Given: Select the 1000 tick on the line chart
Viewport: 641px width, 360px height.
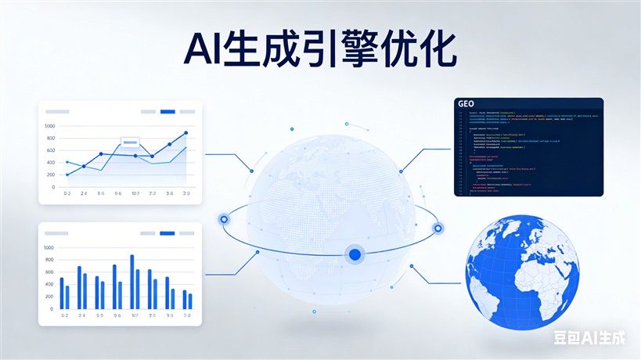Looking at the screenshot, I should (50, 126).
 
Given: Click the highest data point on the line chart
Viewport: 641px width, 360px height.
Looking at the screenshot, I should (185, 133).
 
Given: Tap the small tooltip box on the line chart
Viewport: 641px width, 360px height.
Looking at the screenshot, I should (130, 143).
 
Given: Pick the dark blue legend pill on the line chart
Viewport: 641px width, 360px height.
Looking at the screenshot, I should (167, 112).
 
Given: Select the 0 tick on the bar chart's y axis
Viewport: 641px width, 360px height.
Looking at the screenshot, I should (52, 309).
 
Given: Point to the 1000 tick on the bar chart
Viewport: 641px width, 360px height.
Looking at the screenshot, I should (49, 248).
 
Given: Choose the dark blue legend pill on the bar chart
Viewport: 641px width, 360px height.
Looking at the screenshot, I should (167, 233).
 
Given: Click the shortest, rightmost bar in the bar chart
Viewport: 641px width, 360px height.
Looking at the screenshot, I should (189, 301).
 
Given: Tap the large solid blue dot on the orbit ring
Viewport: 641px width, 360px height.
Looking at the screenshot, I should (355, 254).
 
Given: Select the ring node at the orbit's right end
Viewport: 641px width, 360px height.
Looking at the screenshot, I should (438, 228).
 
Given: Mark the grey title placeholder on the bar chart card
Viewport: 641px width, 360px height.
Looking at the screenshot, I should (57, 233).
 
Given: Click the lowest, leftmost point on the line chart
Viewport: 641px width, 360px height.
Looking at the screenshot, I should (67, 174).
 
